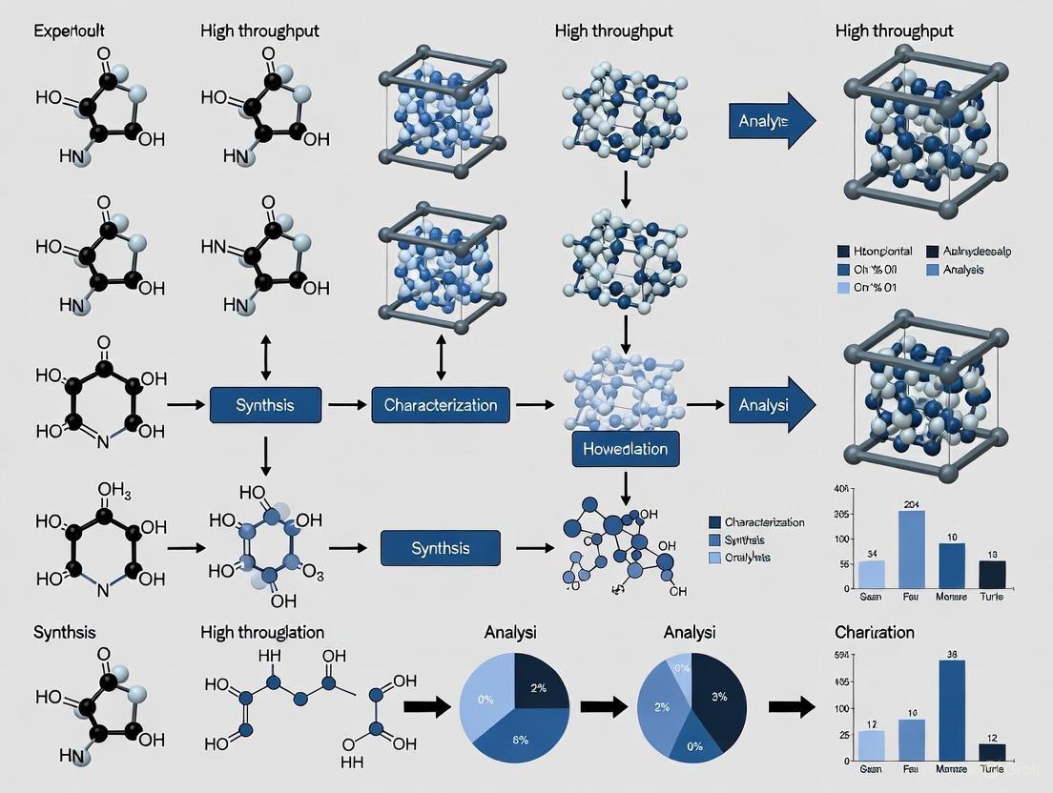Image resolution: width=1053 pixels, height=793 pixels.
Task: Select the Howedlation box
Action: click(x=625, y=448)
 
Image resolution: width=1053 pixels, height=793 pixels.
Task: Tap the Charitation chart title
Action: click(x=874, y=632)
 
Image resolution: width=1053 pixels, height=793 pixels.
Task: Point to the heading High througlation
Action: click(x=262, y=632)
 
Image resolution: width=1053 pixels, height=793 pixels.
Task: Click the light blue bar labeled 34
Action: click(x=872, y=574)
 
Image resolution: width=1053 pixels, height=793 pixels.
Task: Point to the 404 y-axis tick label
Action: click(x=841, y=488)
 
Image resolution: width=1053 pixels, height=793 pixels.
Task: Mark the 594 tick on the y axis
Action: click(x=841, y=656)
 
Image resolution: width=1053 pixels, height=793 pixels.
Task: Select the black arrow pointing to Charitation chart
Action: click(x=791, y=706)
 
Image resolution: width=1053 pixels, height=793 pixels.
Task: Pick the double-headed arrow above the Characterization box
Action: click(x=441, y=362)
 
